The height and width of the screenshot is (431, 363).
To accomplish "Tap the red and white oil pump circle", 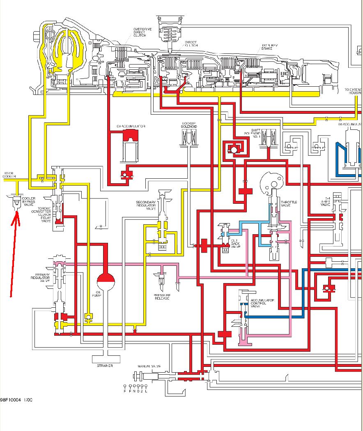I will point(106,282).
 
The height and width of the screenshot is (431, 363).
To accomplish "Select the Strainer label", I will point(105,366).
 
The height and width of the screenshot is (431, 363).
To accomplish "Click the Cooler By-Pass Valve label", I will point(28,201).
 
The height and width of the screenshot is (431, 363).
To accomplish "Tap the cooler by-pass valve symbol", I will point(16,202).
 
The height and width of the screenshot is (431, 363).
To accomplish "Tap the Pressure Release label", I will point(162,297).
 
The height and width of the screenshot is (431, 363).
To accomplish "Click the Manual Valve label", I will point(149,366).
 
